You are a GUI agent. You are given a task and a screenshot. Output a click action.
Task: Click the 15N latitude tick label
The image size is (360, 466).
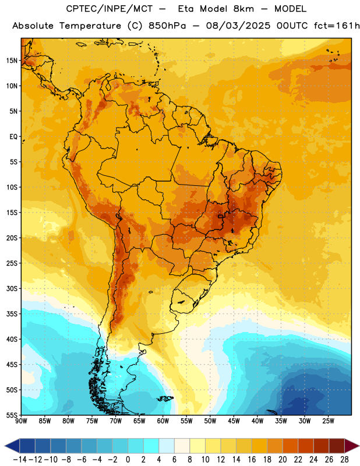click(x=12, y=61)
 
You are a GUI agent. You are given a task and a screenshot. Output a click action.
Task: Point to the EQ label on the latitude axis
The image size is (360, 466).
click(x=13, y=137)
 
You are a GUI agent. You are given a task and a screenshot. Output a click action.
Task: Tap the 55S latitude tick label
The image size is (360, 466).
click(x=12, y=415)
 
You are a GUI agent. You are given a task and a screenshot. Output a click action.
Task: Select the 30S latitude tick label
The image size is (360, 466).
click(x=12, y=288)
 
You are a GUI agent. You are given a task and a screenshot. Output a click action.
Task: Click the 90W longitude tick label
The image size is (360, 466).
click(x=22, y=421)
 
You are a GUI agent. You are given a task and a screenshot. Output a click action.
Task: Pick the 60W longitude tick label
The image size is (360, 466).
click(x=163, y=421)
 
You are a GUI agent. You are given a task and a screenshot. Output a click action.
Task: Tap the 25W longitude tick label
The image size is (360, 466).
click(x=328, y=421)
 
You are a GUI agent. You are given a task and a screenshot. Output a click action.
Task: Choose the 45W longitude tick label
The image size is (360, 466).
click(x=234, y=421)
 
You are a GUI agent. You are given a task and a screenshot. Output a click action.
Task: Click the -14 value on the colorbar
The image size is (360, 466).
click(x=20, y=460)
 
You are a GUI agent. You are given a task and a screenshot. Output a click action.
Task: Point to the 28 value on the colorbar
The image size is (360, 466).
click(x=344, y=460)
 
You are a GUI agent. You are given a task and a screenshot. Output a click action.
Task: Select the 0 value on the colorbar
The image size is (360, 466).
click(x=128, y=460)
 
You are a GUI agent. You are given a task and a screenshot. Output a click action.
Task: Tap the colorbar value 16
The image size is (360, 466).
click(x=252, y=460)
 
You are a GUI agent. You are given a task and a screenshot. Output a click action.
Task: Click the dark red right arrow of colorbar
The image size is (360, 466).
click(x=351, y=446)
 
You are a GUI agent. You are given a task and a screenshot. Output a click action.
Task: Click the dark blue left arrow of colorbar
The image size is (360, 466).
click(x=12, y=446)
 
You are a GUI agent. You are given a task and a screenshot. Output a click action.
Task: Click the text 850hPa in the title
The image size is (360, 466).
click(x=167, y=26)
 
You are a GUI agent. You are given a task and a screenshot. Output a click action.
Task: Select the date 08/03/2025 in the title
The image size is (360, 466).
click(x=238, y=26)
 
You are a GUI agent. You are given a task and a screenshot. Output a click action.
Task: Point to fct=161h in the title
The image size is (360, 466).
click(x=337, y=26)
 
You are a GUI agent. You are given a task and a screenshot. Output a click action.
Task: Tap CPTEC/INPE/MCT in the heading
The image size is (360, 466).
click(x=109, y=9)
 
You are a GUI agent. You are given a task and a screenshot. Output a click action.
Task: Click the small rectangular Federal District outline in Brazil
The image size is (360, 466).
click(x=220, y=216)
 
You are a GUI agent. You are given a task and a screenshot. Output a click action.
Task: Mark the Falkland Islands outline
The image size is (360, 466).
click(x=165, y=398)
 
